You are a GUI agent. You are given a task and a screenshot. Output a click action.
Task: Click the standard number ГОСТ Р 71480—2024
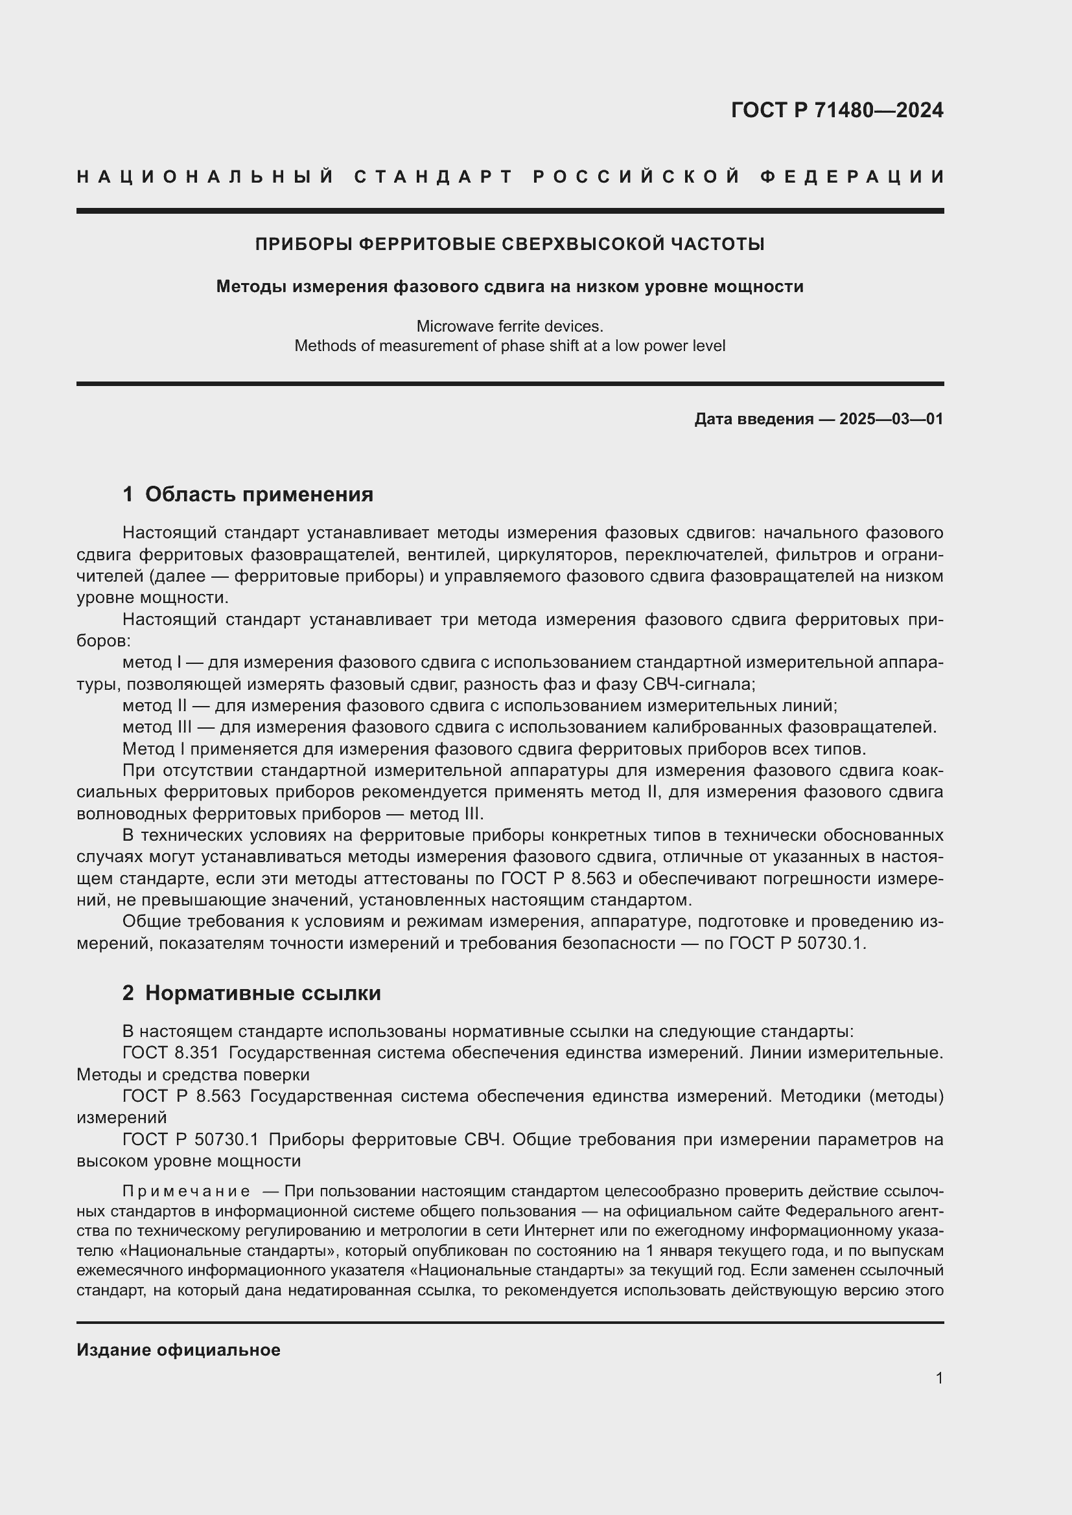836,110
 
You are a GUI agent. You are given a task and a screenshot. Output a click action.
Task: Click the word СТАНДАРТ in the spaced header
434,177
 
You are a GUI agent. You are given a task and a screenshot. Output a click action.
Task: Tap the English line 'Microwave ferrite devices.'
509,326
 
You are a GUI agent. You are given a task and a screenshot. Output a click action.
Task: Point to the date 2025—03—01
891,419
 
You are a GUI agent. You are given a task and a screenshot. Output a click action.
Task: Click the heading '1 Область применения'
248,494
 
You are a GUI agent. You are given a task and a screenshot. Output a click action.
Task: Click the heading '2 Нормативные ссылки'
251,993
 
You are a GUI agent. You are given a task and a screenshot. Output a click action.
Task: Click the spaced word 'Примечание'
185,1191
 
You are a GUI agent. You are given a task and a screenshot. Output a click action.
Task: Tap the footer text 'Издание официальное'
178,1350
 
